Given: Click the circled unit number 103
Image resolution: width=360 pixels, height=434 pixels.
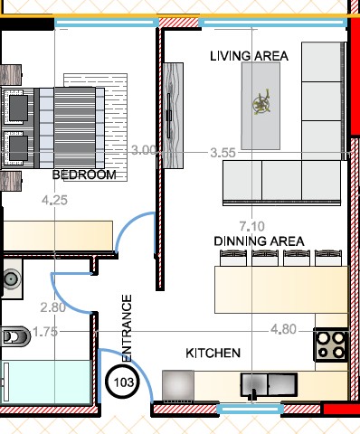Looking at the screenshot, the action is click(x=123, y=382).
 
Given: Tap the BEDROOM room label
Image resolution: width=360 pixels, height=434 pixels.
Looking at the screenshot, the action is click(x=84, y=175).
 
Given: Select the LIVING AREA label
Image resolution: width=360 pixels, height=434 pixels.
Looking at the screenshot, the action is click(x=249, y=56).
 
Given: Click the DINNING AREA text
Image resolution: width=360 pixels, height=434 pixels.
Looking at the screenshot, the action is click(x=259, y=241).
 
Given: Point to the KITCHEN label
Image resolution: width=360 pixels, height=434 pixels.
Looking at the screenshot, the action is click(x=213, y=353).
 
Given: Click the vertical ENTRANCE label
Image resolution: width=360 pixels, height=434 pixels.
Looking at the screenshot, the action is click(x=127, y=327).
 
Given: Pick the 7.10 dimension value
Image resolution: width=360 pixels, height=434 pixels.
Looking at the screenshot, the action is click(x=252, y=226).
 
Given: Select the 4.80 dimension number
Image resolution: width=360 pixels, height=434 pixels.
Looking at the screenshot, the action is click(x=283, y=329).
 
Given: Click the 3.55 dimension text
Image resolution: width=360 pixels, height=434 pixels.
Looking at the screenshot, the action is click(x=223, y=153).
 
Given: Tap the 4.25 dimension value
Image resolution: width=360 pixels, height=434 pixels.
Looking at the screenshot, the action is click(x=54, y=200).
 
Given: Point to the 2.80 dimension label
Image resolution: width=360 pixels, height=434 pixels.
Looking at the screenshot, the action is click(x=53, y=307).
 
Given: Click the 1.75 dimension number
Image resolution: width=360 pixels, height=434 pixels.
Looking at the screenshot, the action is click(x=45, y=332).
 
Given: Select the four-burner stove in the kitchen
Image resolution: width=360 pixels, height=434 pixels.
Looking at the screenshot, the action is click(x=331, y=344).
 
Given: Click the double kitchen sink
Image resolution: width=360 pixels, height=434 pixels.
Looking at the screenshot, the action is click(x=269, y=385).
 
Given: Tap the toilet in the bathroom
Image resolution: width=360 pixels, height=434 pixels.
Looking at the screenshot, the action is click(x=15, y=336).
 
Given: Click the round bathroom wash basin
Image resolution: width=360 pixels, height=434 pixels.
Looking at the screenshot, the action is click(x=12, y=278).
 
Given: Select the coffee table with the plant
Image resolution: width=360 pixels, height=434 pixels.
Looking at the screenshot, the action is click(x=261, y=106).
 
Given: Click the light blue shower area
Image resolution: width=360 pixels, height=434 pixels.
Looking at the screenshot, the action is click(x=46, y=382).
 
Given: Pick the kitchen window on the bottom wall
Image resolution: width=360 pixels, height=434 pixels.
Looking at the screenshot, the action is click(x=250, y=409).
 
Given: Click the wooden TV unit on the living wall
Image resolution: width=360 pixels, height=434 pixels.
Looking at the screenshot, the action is click(x=173, y=116).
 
